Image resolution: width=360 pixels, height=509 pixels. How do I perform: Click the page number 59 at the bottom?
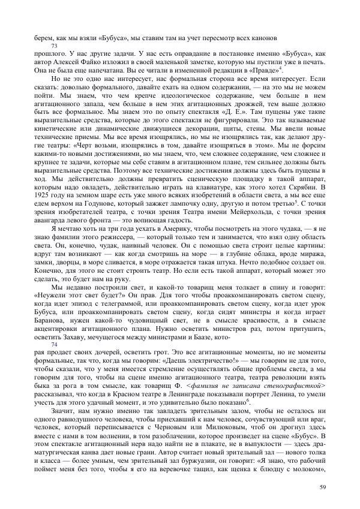point(323,486)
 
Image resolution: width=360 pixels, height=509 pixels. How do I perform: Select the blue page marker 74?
point(55,344)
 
